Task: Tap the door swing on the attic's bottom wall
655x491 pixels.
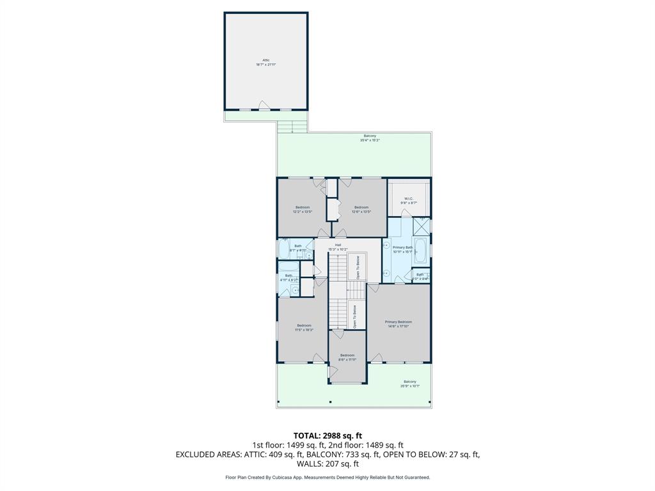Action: click(x=263, y=105)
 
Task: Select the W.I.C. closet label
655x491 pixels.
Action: click(x=409, y=200)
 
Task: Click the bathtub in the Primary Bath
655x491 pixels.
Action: click(x=420, y=251)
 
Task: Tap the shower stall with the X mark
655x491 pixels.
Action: click(x=422, y=227)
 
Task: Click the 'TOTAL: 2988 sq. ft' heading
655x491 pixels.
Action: click(x=327, y=435)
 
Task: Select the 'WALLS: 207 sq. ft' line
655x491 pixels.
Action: click(x=327, y=464)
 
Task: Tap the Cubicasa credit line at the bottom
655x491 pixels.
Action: click(x=327, y=477)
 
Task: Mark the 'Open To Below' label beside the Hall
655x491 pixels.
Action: click(x=358, y=267)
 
